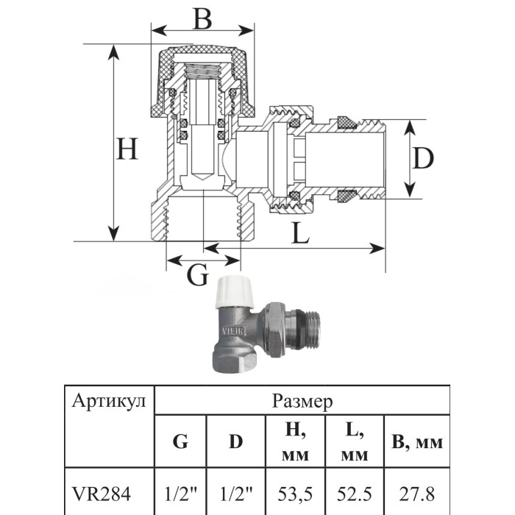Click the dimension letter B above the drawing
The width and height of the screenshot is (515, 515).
coord(202,18)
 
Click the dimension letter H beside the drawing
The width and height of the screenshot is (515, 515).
coord(127,149)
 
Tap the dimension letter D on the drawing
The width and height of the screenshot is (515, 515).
coord(423,158)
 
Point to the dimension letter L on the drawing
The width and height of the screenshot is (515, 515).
coord(300,233)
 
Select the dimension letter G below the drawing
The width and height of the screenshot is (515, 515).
coord(197,274)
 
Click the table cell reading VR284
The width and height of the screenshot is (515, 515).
coord(102,494)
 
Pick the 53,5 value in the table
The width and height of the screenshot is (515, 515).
coord(295,494)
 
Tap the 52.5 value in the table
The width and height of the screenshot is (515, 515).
coord(355,494)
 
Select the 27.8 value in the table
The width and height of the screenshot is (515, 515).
coord(417,494)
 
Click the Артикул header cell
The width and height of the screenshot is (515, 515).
coord(109,402)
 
